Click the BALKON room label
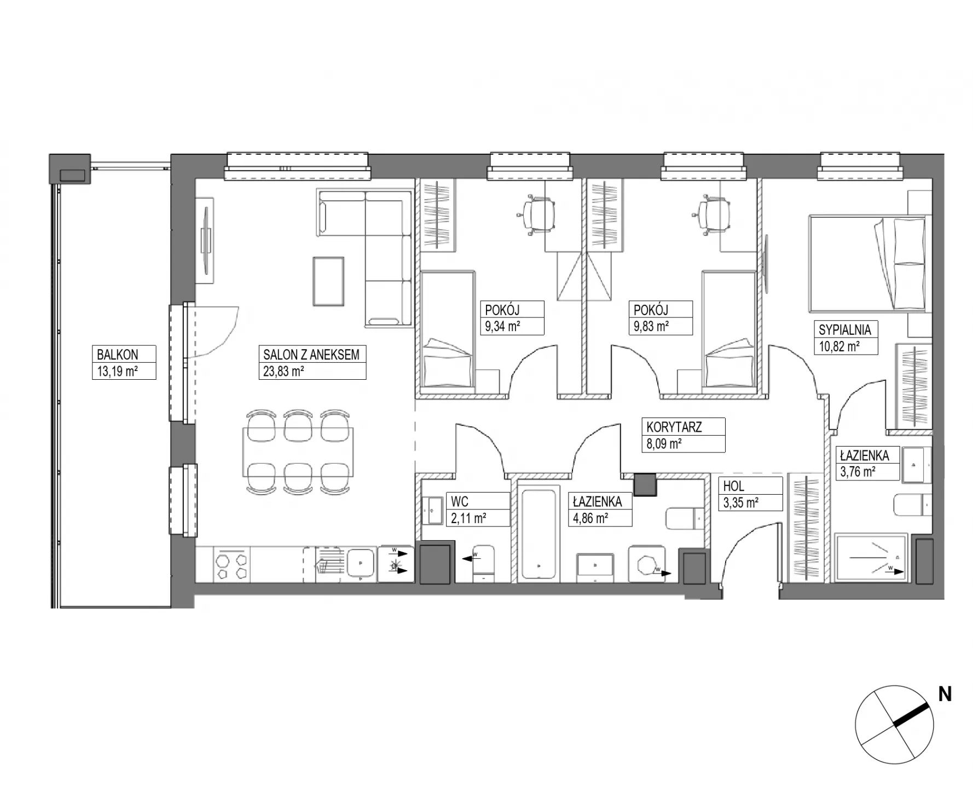(117, 354)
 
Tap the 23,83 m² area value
(283, 371)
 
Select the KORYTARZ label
(674, 427)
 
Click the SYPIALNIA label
(845, 330)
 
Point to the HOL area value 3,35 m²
(741, 502)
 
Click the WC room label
(460, 501)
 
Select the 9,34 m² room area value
(502, 327)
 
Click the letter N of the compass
(945, 694)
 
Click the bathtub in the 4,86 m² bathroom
(540, 534)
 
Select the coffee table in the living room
(328, 281)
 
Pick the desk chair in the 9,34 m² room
(536, 215)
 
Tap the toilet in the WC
(483, 563)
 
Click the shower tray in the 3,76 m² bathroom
(871, 558)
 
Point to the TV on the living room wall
(206, 241)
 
